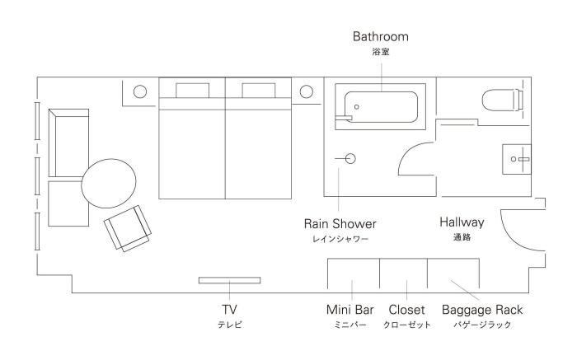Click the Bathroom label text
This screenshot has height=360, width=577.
point(381,36)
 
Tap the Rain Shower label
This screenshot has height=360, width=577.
point(340,223)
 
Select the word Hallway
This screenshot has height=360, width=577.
point(462,222)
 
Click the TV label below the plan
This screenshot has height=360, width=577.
point(229,310)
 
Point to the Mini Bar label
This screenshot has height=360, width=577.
point(350,310)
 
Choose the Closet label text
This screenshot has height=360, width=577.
point(406,310)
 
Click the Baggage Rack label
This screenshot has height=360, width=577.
point(482,310)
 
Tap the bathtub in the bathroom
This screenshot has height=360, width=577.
point(381,106)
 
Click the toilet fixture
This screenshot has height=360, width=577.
point(503,100)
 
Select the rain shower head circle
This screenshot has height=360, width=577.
point(350,158)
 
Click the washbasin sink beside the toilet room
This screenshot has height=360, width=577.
point(517,159)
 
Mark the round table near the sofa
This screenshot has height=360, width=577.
point(109,183)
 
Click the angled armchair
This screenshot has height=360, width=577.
point(127,228)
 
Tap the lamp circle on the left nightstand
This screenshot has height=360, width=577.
point(140,91)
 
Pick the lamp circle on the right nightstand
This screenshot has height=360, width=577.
point(306,91)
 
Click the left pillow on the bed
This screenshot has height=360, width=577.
point(192,91)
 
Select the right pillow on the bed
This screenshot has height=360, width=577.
point(259,91)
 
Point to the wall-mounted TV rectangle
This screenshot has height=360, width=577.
point(230,280)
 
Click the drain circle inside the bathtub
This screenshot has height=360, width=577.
point(357,107)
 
